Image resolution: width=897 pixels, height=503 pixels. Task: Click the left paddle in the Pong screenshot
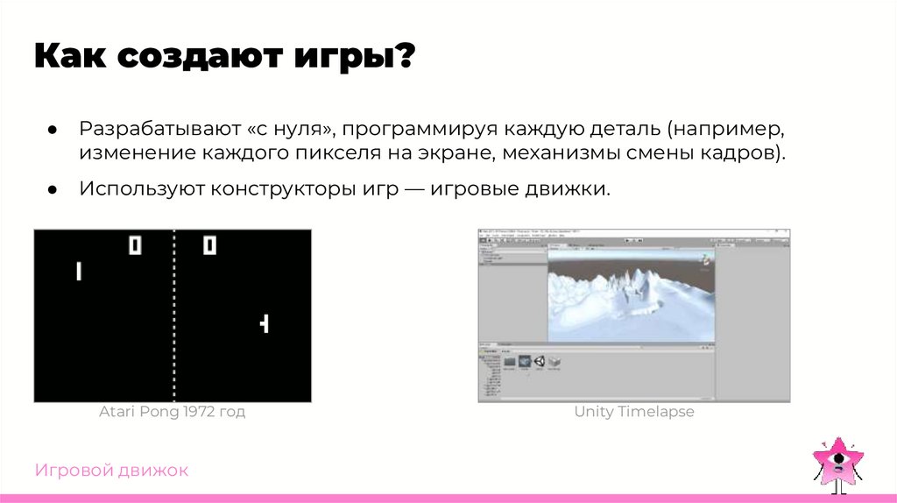pyautogui.click(x=78, y=272)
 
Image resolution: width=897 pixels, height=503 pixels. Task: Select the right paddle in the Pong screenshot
pyautogui.click(x=265, y=323)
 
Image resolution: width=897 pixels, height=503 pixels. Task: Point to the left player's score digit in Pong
pyautogui.click(x=135, y=245)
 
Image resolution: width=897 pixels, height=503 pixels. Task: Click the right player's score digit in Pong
pyautogui.click(x=209, y=245)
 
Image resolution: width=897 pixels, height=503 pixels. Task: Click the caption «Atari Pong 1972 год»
pyautogui.click(x=172, y=412)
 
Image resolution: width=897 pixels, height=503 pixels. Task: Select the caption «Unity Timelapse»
pyautogui.click(x=634, y=412)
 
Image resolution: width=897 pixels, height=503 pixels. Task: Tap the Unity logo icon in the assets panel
pyautogui.click(x=539, y=361)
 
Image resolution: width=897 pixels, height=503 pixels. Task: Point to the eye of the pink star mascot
pyautogui.click(x=839, y=457)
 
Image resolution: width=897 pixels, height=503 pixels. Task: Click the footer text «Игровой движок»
pyautogui.click(x=111, y=471)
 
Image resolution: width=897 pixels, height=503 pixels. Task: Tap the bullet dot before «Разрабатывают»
pyautogui.click(x=53, y=131)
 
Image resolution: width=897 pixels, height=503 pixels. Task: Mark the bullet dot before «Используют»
pyautogui.click(x=53, y=189)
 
